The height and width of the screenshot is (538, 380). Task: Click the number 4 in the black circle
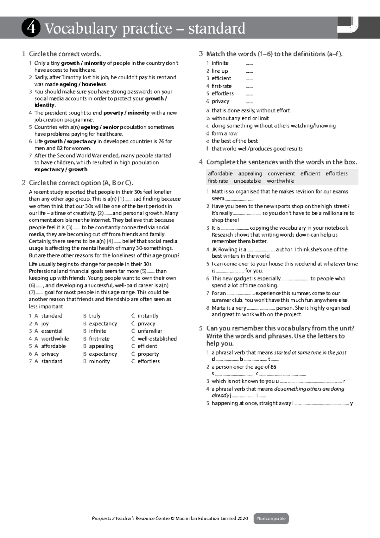point(31,28)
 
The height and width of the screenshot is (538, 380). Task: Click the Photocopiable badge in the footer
point(271,519)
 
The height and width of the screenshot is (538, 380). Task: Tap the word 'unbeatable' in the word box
point(247,181)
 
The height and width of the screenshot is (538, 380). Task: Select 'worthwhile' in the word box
point(280,181)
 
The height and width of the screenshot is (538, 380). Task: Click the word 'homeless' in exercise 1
point(94,84)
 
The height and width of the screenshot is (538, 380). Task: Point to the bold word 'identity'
point(44,105)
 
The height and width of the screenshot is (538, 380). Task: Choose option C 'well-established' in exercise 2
point(157,338)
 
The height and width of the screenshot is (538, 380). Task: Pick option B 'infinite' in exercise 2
point(98,331)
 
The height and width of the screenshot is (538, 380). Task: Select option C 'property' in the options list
point(148,354)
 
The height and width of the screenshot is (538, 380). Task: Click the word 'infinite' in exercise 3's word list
point(220,63)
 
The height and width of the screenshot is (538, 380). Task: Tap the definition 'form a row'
point(225,133)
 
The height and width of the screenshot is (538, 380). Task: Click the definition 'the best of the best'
point(235,141)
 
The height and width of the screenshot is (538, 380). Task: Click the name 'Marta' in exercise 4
point(218,308)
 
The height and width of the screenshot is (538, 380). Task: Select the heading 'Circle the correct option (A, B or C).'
point(81,183)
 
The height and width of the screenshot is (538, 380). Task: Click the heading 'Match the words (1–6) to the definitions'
point(274,54)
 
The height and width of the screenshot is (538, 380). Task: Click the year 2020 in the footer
point(243,519)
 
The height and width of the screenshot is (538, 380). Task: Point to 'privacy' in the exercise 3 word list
point(220,101)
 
